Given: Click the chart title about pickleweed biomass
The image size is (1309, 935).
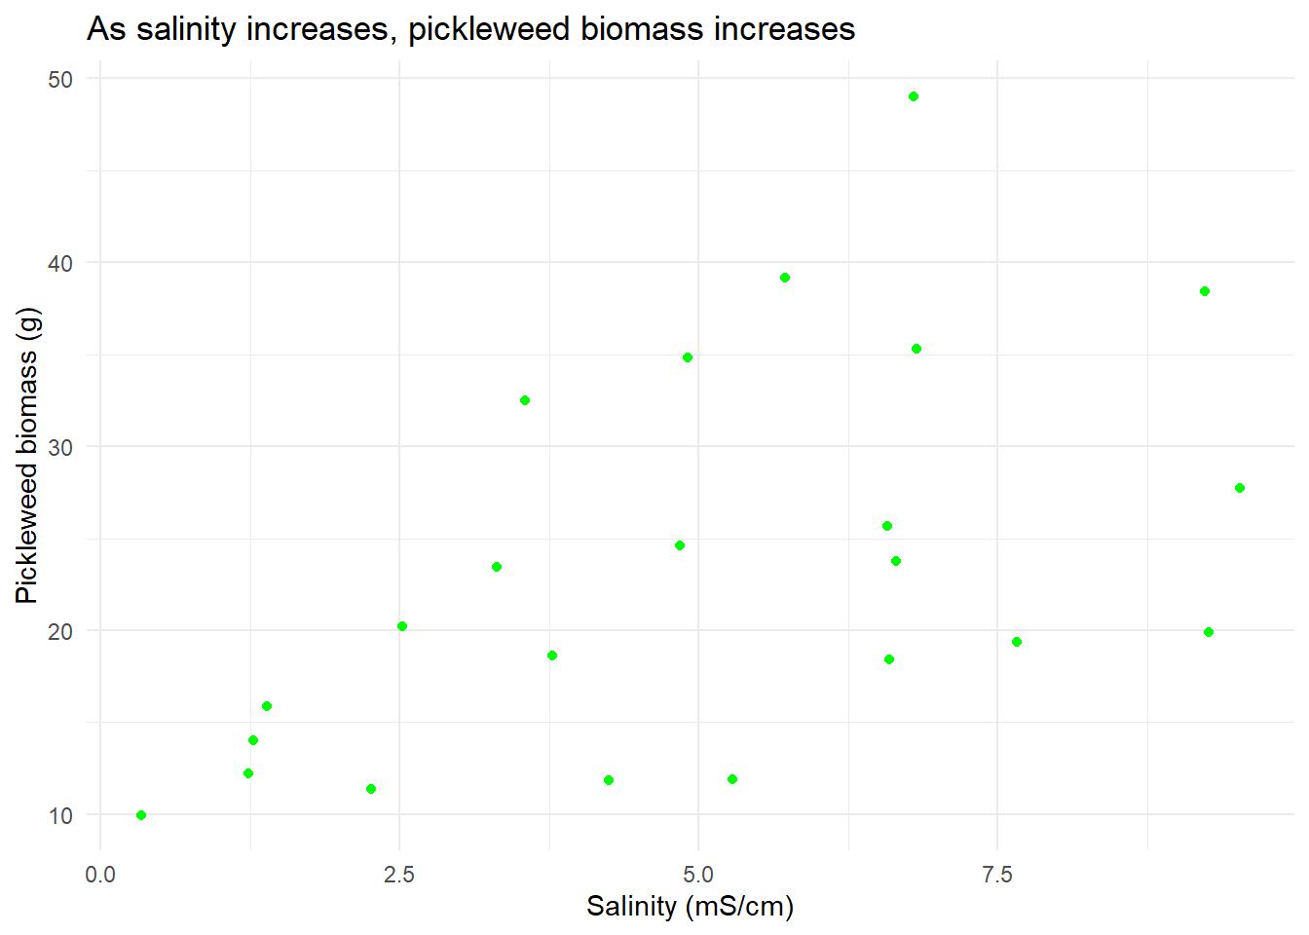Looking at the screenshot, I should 470,29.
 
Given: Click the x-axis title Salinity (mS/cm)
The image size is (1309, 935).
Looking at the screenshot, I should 690,907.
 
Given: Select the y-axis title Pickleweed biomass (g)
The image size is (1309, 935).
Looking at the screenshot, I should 27,456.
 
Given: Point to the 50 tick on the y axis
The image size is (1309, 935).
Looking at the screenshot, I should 60,79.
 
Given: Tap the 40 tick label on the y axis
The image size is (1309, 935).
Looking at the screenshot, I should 60,263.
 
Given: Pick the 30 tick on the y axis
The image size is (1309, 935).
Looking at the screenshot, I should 60,447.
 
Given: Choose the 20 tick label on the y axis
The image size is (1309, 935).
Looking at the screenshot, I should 60,631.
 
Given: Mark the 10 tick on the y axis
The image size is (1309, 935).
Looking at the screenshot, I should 60,815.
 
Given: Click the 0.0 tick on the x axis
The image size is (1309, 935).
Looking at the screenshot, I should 100,875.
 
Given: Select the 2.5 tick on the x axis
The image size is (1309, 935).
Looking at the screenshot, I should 399,875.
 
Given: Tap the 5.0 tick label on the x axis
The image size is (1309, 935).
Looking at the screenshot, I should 698,875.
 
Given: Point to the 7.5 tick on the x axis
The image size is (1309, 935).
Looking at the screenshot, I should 997,875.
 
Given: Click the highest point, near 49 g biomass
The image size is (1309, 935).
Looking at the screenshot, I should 914,96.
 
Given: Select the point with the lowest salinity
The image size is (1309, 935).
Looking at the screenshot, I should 141,815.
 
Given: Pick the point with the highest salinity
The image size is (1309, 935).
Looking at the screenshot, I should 1240,488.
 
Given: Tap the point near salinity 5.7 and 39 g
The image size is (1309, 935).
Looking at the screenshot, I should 785,278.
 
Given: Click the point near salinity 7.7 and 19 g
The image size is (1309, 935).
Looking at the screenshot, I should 1017,642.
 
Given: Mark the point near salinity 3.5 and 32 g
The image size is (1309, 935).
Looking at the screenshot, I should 525,400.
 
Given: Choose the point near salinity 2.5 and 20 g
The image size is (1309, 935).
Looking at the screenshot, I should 402,626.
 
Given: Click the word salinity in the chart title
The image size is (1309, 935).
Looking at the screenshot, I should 187,29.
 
